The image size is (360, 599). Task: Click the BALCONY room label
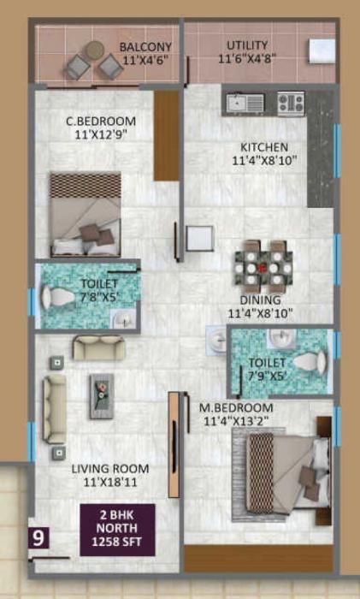[145, 46]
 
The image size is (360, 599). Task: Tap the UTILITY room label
[247, 44]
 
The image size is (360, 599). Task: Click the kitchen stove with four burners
[291, 104]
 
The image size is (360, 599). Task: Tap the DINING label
[261, 299]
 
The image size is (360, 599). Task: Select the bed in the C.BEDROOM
[85, 214]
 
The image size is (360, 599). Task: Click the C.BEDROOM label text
[100, 121]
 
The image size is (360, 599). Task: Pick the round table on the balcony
[96, 50]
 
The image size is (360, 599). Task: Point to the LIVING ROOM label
[109, 469]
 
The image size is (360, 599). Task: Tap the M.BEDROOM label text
[235, 407]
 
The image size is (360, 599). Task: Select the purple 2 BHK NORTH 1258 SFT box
[117, 527]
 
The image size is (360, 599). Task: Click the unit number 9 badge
[38, 538]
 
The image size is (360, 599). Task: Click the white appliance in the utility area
[321, 47]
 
